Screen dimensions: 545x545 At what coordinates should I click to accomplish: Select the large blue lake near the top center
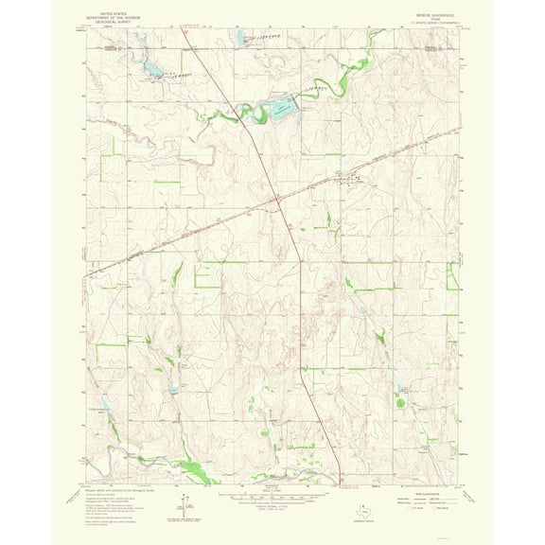click(279, 110)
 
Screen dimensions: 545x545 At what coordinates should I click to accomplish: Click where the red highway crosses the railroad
click(275, 200)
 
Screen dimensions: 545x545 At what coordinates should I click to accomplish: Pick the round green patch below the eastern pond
click(400, 403)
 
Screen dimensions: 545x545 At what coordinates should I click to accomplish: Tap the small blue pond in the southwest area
click(173, 388)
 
